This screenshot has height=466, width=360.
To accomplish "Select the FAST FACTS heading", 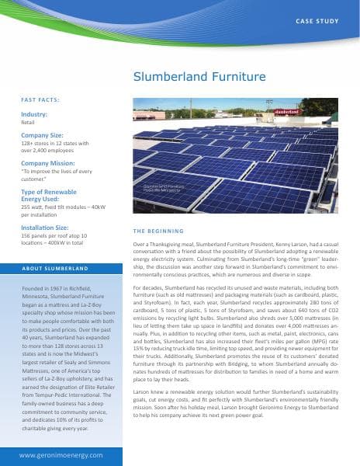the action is click(40, 99).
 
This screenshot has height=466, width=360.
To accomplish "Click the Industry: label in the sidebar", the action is click(34, 114).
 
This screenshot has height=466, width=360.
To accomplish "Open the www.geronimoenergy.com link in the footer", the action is click(62, 453).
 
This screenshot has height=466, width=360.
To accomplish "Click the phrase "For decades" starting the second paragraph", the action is click(151, 287).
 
